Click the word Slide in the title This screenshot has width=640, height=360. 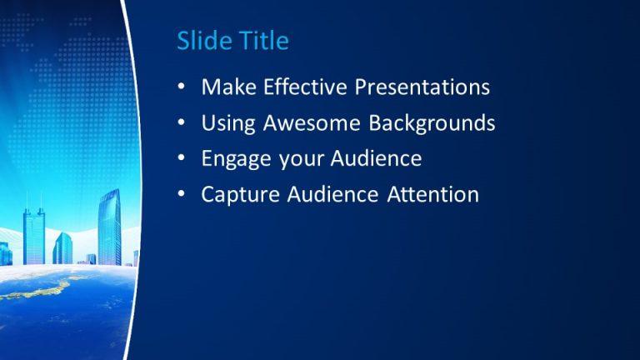[x=203, y=40]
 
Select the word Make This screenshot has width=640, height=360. [x=228, y=87]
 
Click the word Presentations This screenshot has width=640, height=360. [x=422, y=87]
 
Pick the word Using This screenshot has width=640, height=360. [x=228, y=123]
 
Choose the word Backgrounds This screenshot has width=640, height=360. [x=432, y=122]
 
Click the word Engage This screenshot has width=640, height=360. [x=237, y=159]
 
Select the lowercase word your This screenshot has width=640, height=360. [x=301, y=160]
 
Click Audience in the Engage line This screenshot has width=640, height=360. [x=376, y=158]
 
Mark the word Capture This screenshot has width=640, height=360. [x=240, y=195]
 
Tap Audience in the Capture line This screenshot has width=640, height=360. [x=332, y=194]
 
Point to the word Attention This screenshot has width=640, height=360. [x=432, y=194]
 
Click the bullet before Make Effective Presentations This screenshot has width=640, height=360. [x=182, y=87]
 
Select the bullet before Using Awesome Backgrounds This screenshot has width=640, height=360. [x=182, y=122]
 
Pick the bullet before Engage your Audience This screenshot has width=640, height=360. [x=182, y=158]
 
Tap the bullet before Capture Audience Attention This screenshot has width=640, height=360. [x=182, y=193]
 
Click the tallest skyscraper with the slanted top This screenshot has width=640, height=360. [x=109, y=227]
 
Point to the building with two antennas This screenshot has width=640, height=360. [x=34, y=236]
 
